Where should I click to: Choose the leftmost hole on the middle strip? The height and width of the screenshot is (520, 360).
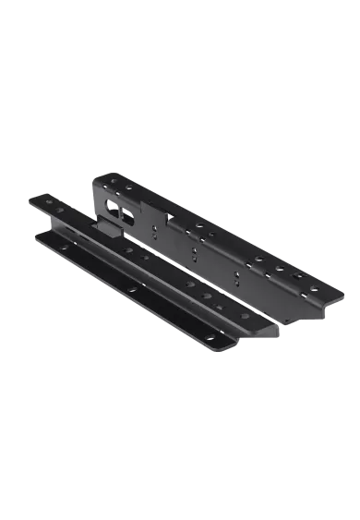point(50,202)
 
